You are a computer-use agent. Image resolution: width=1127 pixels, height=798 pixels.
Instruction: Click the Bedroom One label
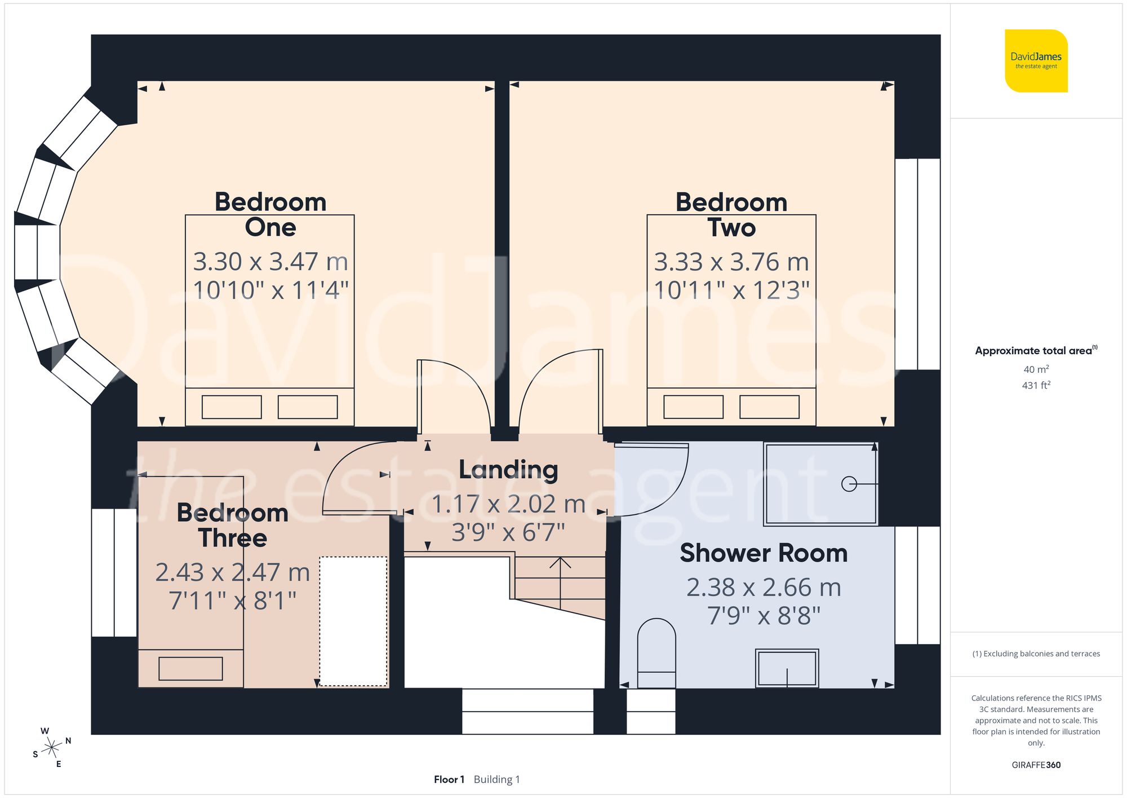click(270, 214)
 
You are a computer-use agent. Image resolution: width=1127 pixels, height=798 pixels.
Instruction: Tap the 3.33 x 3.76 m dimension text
click(731, 262)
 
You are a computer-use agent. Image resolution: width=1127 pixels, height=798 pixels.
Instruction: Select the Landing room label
click(508, 469)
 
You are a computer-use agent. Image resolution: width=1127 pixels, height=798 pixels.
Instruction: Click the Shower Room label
click(764, 553)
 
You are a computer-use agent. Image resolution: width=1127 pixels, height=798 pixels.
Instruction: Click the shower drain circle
click(849, 484)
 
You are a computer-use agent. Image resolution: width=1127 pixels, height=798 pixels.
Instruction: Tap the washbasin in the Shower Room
click(787, 668)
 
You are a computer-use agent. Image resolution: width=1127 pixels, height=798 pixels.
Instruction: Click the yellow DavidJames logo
click(1036, 61)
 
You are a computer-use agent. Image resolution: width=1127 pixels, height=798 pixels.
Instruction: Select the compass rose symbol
click(52, 748)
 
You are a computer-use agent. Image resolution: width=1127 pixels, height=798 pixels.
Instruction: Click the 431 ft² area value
click(1036, 385)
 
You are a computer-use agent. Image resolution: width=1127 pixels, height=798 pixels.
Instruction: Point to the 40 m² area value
click(1036, 369)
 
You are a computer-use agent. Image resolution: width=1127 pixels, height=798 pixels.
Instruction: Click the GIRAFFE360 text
click(1036, 765)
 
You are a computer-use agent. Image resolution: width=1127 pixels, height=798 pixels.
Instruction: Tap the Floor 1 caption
click(449, 779)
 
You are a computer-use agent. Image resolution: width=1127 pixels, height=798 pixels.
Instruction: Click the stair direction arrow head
click(560, 561)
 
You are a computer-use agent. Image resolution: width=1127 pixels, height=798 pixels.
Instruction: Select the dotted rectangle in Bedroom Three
click(353, 621)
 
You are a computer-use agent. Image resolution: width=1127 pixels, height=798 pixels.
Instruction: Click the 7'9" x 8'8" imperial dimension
click(764, 616)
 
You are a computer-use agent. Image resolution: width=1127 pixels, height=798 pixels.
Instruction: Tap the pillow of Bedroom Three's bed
click(190, 669)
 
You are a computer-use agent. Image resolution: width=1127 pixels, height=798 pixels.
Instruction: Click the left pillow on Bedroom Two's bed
click(693, 407)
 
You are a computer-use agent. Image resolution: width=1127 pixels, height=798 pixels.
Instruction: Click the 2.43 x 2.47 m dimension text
click(232, 572)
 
